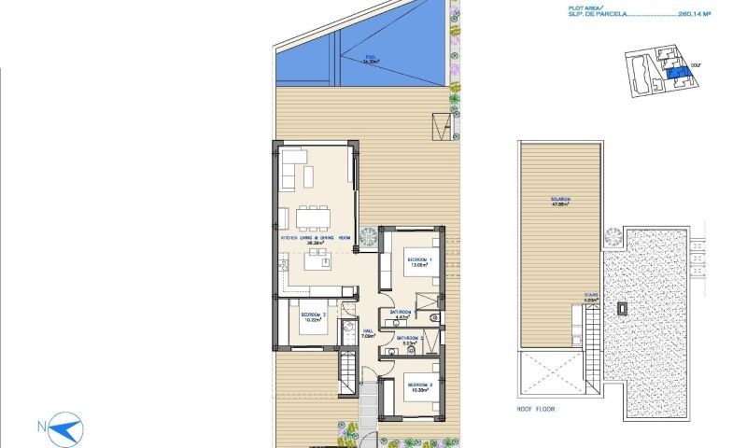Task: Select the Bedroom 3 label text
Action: [x=312, y=315]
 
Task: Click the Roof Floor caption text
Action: [x=538, y=408]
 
